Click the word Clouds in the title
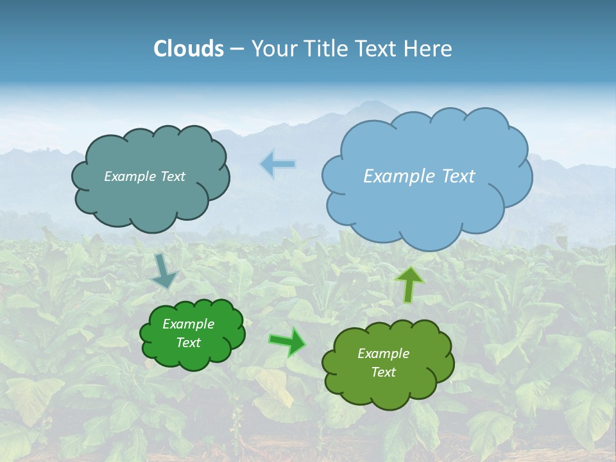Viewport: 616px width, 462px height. (x=189, y=49)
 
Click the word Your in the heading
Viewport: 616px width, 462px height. (x=273, y=49)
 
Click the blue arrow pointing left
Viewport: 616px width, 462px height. (x=278, y=164)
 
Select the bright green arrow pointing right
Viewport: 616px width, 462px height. (x=287, y=341)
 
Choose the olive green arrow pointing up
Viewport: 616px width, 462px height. (x=409, y=284)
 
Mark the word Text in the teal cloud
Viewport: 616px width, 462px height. (x=173, y=176)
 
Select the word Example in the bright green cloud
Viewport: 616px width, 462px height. (x=188, y=324)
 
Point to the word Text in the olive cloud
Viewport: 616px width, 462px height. (x=383, y=373)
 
